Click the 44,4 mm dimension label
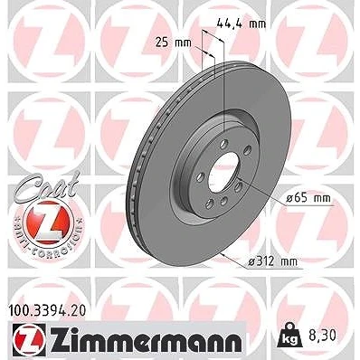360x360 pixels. (x=242, y=24)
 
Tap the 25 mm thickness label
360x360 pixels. (x=174, y=43)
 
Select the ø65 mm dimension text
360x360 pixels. (x=308, y=198)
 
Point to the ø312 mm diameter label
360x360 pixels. (x=273, y=261)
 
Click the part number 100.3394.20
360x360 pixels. (x=45, y=310)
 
